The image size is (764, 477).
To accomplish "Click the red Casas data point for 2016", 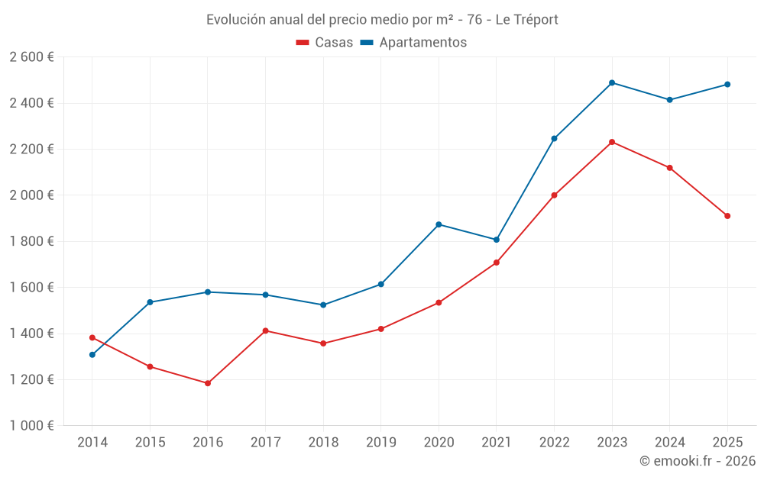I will pos(208,383).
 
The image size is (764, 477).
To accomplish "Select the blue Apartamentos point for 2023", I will pos(612,82).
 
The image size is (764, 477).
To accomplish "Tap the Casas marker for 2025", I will pos(727,216).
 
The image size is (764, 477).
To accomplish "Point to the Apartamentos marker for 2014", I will pos(92,355).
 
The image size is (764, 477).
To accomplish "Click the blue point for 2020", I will pos(439,224).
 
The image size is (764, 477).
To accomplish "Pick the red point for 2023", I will pos(612,142).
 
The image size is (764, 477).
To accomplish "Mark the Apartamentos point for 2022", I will pos(554,139).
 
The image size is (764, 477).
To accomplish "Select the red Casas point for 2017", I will pos(265,330).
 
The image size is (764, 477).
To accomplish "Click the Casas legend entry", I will pos(325,43).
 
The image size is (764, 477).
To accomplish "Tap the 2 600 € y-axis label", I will pos(31,57).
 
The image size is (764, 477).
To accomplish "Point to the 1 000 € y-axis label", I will pos(31,426).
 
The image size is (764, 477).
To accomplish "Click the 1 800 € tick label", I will pos(31,241).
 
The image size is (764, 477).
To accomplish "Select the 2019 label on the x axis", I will pos(380,442).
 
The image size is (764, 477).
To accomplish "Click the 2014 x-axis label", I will pos(92,442).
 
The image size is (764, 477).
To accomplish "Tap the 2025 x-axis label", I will pos(727,442).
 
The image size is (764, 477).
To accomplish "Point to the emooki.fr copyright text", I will pos(698,461).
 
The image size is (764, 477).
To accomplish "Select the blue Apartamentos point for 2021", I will pos(497,240).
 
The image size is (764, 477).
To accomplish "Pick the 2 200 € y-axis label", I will pos(31,150).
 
